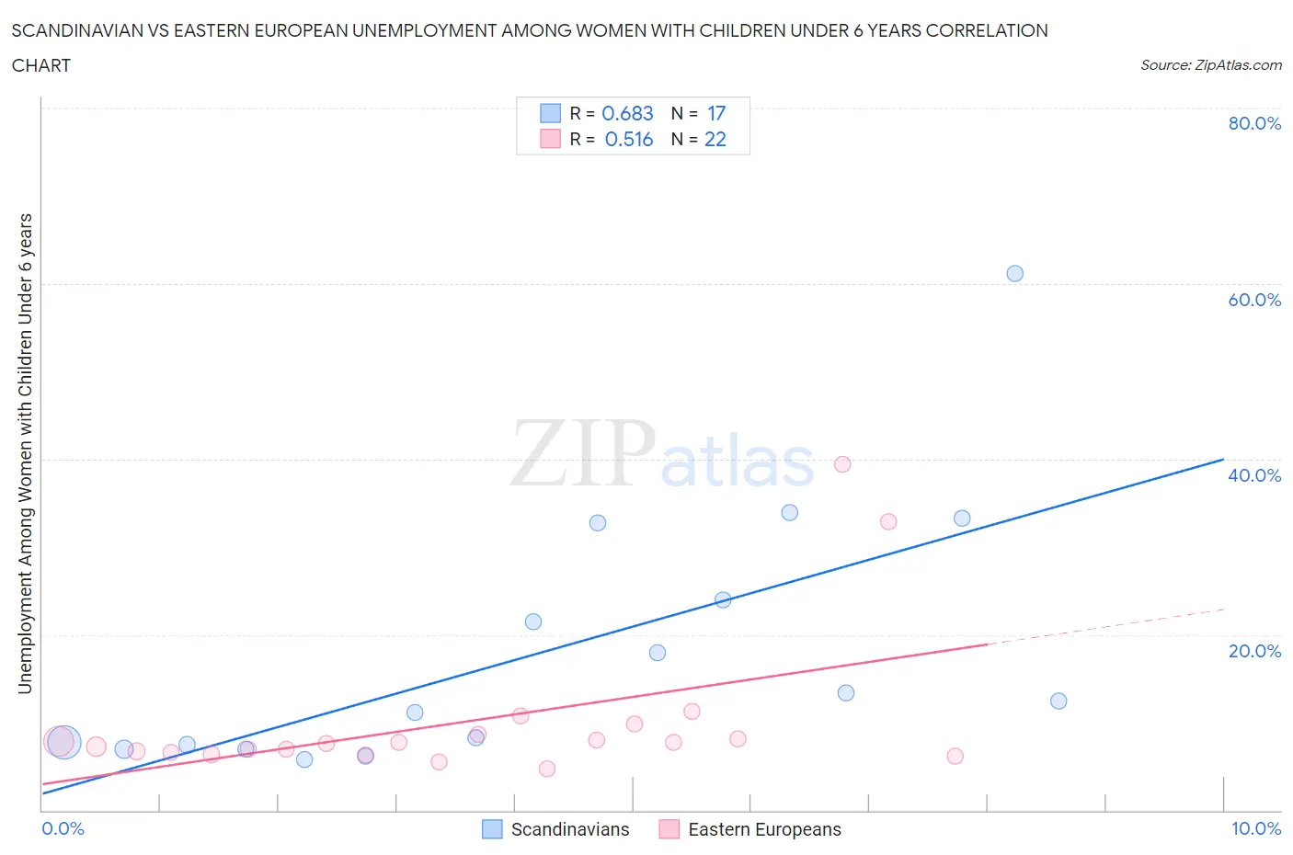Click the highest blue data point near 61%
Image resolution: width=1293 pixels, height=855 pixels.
click(x=1014, y=273)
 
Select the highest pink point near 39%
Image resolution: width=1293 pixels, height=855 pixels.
click(x=842, y=464)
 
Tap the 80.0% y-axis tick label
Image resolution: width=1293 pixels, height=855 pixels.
click(x=1254, y=123)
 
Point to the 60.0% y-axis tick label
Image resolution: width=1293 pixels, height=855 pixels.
click(x=1254, y=300)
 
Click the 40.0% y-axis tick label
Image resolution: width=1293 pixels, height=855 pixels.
click(x=1254, y=475)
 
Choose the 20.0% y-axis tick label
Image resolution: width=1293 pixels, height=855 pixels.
click(x=1254, y=651)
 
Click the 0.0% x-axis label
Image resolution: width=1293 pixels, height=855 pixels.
click(x=63, y=828)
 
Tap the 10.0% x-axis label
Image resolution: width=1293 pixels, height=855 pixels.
click(x=1255, y=828)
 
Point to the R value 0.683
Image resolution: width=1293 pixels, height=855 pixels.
click(x=627, y=113)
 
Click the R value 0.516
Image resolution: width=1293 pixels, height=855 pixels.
click(x=628, y=139)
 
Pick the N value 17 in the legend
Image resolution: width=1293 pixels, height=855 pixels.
click(x=716, y=113)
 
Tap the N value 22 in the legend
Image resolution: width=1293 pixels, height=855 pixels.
click(x=715, y=139)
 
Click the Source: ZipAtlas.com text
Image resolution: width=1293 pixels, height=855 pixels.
click(x=1210, y=64)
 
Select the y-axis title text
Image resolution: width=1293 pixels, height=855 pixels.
click(x=25, y=453)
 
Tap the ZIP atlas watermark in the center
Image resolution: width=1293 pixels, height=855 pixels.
click(x=662, y=452)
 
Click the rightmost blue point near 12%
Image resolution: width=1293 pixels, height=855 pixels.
click(x=1058, y=701)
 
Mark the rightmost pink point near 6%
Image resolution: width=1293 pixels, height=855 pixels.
click(x=955, y=756)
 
